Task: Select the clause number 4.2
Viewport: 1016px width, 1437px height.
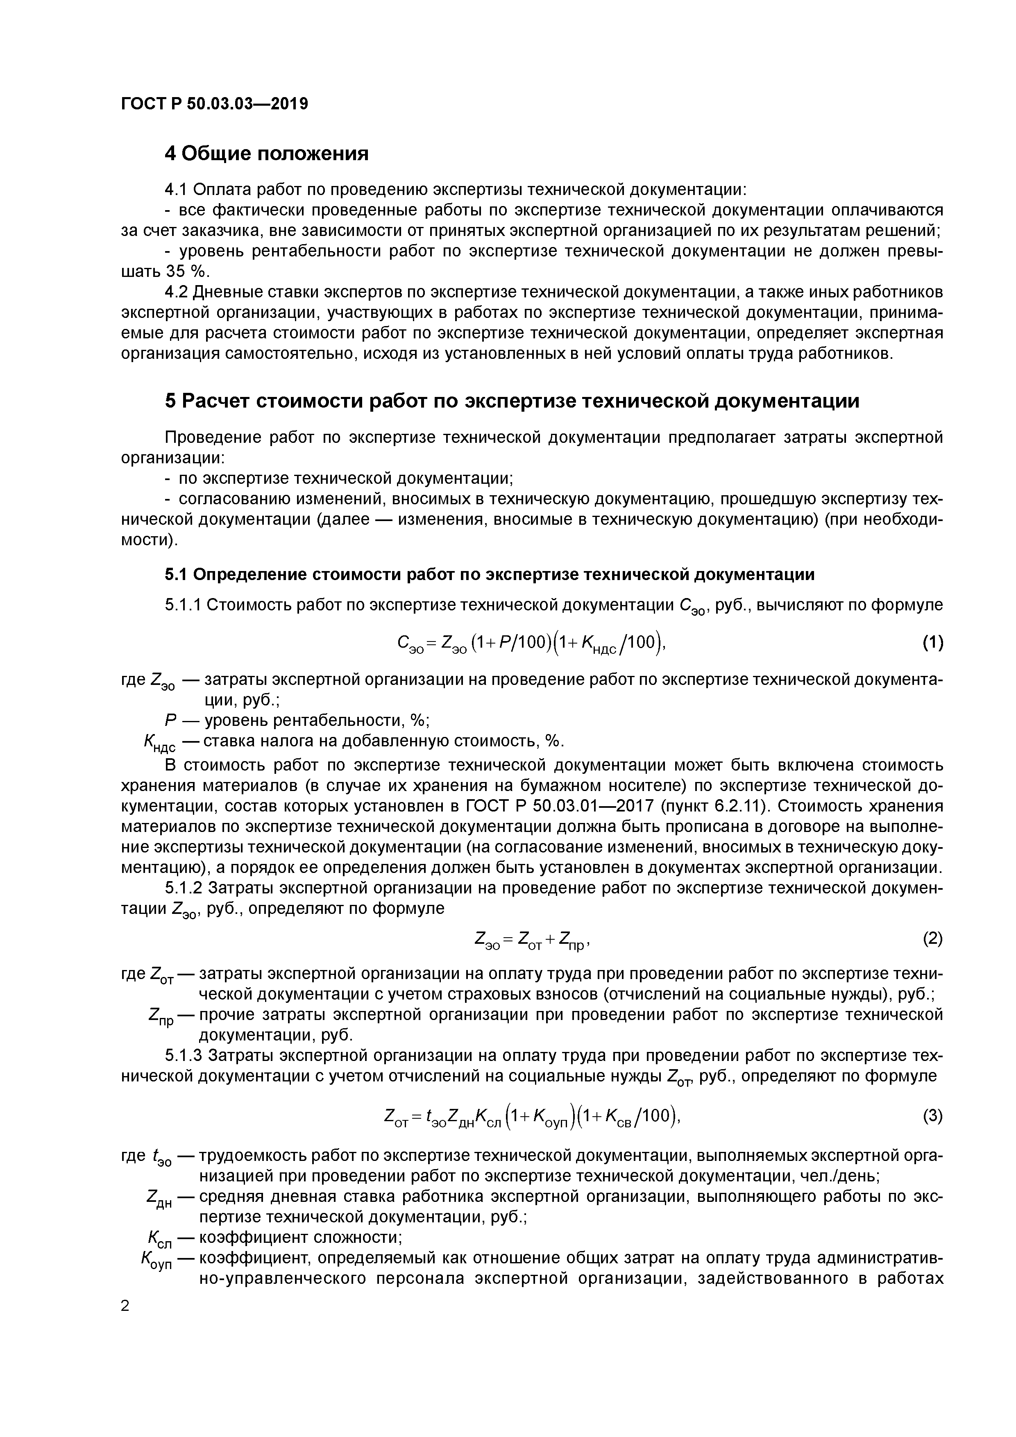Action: click(177, 292)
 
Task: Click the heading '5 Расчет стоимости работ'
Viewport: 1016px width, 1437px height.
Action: click(511, 401)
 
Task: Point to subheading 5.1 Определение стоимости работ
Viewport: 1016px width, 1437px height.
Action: click(490, 574)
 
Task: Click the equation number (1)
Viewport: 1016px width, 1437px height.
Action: click(932, 642)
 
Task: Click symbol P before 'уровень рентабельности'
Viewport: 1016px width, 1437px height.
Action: click(169, 721)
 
